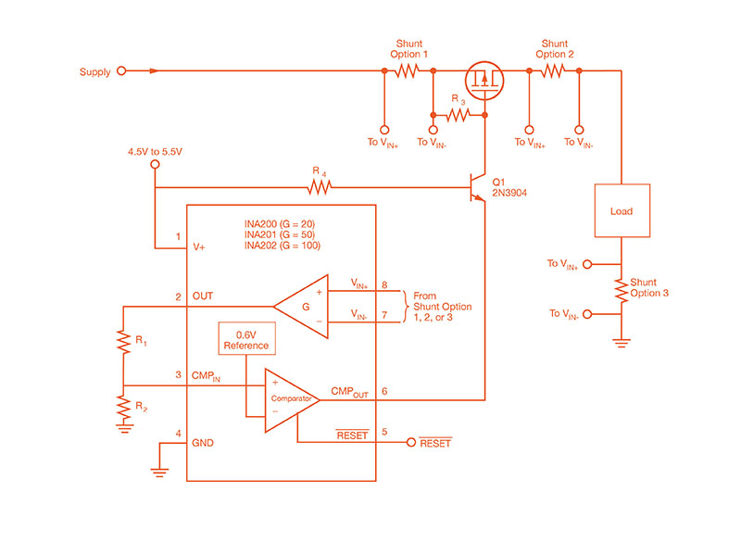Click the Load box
pyautogui.click(x=622, y=211)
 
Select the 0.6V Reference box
pyautogui.click(x=245, y=340)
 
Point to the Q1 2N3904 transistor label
pyautogui.click(x=508, y=186)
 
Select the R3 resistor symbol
pyautogui.click(x=458, y=116)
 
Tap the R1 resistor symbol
pyautogui.click(x=123, y=342)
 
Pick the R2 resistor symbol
pyautogui.click(x=123, y=406)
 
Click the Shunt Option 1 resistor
pyautogui.click(x=408, y=70)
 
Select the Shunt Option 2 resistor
pyautogui.click(x=553, y=70)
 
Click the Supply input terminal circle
pyautogui.click(x=120, y=70)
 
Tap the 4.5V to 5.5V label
pyautogui.click(x=155, y=149)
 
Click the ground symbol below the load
pyautogui.click(x=621, y=343)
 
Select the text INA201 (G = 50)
pyautogui.click(x=281, y=234)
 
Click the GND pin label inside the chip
pyautogui.click(x=203, y=443)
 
